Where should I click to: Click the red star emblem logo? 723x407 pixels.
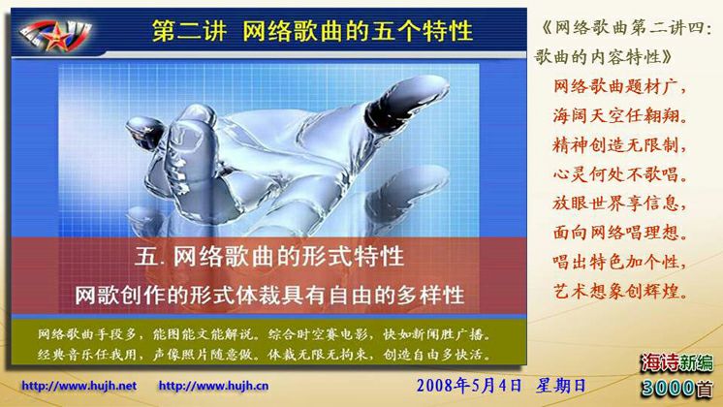[55, 35]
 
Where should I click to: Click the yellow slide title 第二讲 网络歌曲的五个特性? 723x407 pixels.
[312, 31]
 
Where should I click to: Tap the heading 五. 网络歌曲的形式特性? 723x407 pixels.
[269, 256]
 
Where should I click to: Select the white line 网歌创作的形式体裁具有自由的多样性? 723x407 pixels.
[269, 295]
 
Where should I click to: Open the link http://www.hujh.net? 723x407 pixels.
[79, 386]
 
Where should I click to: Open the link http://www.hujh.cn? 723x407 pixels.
[213, 386]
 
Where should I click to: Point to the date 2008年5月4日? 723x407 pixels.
[469, 386]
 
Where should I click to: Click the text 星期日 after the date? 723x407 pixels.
[560, 386]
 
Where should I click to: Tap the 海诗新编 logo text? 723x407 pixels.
[676, 363]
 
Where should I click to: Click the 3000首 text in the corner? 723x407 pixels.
[676, 388]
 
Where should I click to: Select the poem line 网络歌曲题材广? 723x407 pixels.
[620, 86]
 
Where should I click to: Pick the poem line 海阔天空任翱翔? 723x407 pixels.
[620, 115]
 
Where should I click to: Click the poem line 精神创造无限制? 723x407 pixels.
[620, 144]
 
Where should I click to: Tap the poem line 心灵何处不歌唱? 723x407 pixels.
[620, 174]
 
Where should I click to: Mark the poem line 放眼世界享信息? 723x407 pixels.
[620, 203]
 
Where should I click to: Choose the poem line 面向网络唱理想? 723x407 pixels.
[620, 233]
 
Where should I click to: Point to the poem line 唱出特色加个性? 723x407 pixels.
[620, 263]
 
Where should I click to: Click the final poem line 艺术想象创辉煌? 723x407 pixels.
[620, 292]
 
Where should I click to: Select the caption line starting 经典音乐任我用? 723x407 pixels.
[265, 355]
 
